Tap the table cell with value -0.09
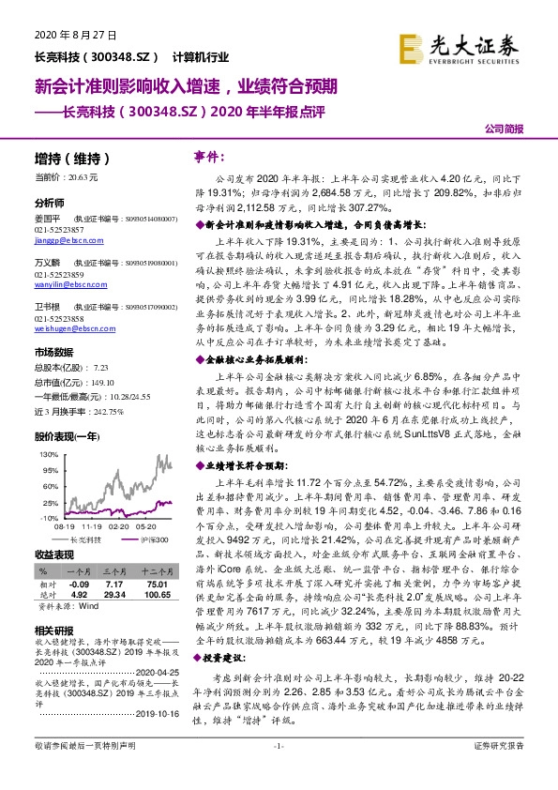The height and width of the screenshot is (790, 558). point(79,584)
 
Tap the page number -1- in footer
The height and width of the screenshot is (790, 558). point(279,771)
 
